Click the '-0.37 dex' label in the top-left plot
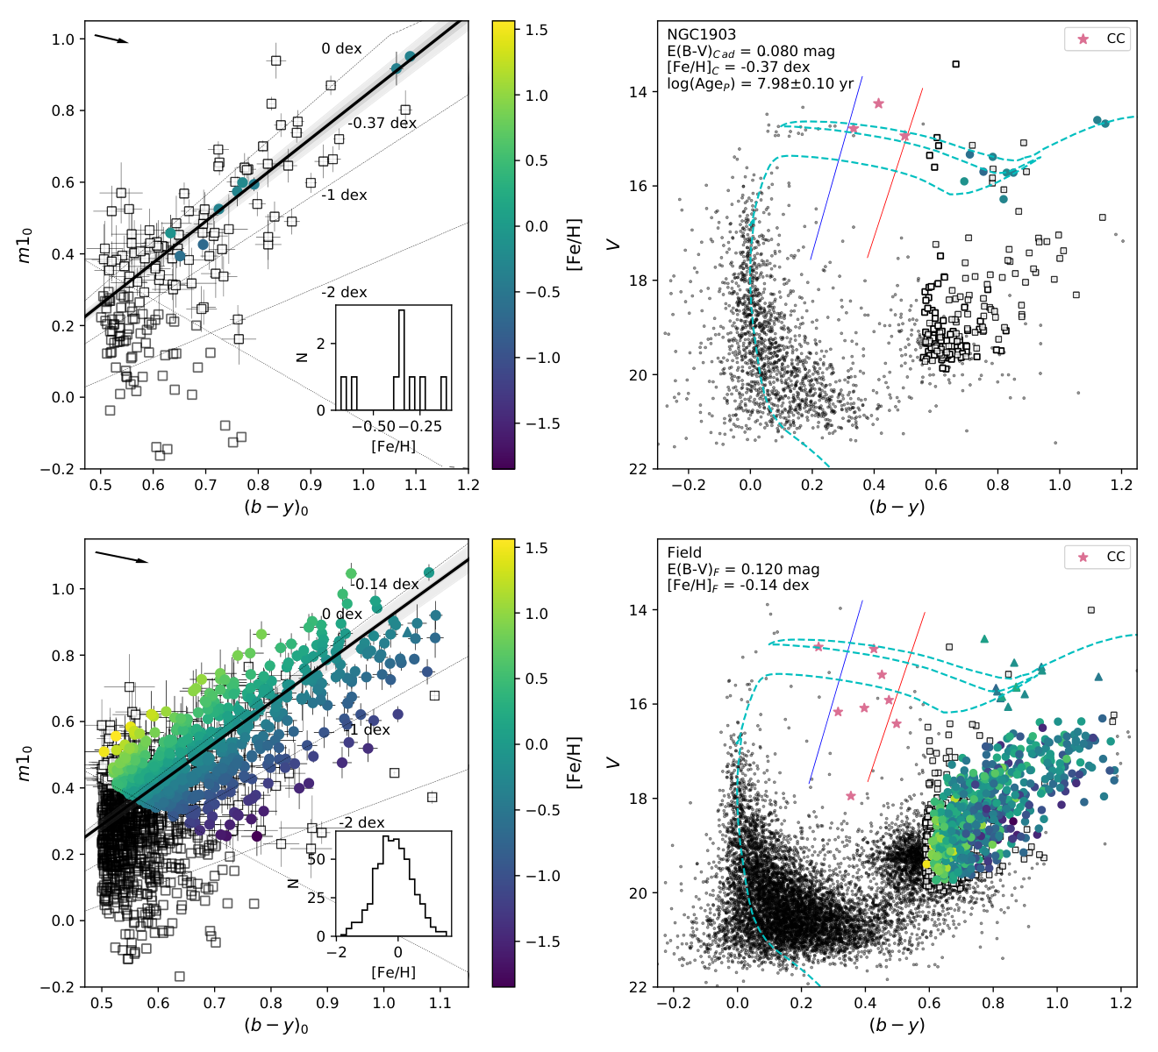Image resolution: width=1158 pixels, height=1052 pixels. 382,123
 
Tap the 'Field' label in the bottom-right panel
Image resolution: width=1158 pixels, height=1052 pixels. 684,552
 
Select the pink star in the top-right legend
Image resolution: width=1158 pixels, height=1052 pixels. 1083,39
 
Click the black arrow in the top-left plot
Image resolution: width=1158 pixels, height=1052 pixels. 111,38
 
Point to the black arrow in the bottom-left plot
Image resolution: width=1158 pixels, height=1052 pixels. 121,557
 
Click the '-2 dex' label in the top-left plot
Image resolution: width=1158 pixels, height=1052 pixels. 344,292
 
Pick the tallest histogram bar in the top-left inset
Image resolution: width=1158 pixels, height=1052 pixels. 401,360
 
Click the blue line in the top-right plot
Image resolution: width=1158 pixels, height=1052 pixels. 836,167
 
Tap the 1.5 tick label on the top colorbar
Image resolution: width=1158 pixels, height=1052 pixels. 536,30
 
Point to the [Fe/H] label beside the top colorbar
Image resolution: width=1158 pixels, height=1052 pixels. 574,245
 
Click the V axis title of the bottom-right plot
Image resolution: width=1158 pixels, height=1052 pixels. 613,763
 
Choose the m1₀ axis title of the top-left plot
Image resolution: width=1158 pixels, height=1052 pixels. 25,245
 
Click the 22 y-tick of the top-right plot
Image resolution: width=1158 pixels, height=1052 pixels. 637,469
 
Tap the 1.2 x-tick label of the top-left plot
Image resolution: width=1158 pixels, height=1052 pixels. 468,485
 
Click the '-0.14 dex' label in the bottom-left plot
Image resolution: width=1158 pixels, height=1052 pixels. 384,584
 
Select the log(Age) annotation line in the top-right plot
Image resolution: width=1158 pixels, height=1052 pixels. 761,83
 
